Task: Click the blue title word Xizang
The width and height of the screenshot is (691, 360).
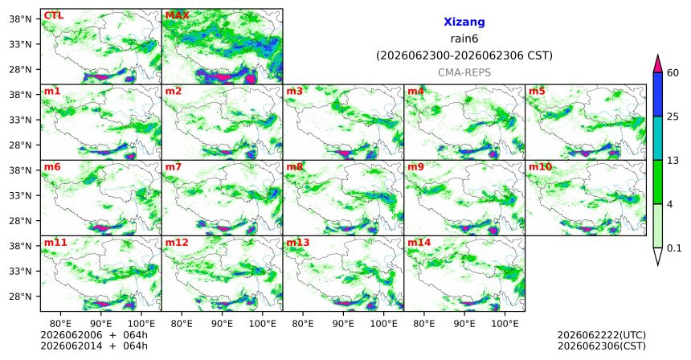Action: [464, 22]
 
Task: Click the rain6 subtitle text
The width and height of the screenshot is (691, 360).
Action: [464, 39]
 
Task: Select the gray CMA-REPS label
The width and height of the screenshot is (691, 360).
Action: [464, 72]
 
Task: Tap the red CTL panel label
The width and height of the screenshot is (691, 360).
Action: [53, 16]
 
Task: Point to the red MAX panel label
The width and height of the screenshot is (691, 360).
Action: [177, 16]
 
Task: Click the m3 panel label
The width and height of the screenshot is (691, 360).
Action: [295, 92]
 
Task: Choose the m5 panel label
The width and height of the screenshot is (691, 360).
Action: [537, 92]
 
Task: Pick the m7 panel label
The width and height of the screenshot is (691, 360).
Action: [174, 167]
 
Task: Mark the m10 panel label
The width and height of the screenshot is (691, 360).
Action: [540, 167]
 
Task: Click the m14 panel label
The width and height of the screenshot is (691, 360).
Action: [419, 243]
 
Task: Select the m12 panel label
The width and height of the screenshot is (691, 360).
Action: [177, 243]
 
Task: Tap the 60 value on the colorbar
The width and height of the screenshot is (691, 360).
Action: [673, 73]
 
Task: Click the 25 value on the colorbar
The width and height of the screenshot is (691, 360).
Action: [673, 117]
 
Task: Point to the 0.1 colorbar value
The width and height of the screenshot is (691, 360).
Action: [674, 248]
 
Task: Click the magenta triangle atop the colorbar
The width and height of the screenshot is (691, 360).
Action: [658, 64]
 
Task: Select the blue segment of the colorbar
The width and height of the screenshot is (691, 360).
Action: [658, 94]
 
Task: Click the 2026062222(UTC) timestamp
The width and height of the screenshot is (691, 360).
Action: [602, 336]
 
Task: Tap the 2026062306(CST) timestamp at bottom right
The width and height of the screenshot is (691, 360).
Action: [602, 346]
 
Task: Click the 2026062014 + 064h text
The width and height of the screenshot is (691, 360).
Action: [94, 346]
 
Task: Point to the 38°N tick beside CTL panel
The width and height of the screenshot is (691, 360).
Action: [20, 19]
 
